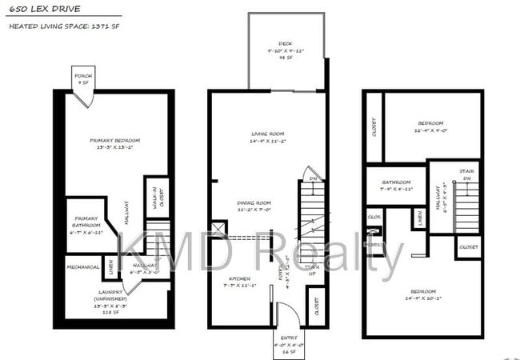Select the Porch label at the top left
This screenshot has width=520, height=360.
[83, 78]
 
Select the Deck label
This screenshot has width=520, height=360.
[286, 48]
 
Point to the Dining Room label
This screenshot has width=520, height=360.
[254, 206]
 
